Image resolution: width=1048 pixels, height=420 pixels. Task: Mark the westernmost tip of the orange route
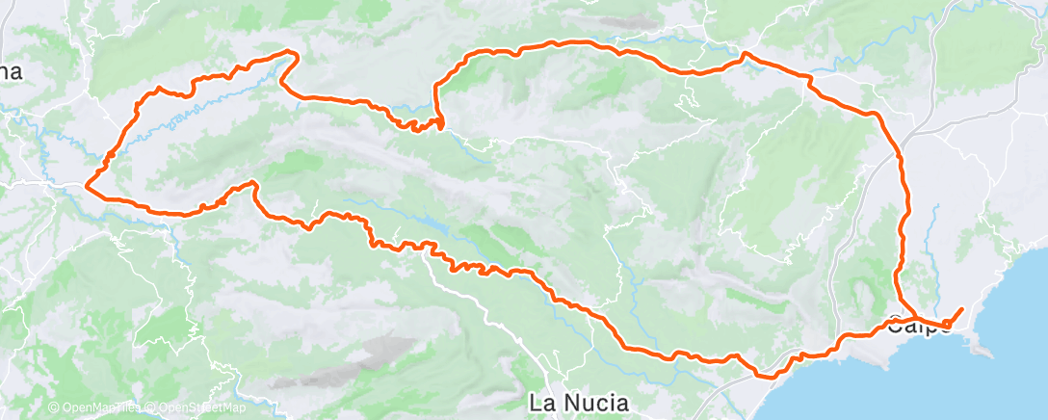(88, 184)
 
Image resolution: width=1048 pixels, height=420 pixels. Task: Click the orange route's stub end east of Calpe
(961, 308)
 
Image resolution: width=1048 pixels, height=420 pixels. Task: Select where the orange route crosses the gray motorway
(902, 154)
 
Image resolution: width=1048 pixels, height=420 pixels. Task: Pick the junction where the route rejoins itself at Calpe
(913, 317)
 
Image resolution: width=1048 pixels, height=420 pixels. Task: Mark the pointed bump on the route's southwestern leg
(253, 183)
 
